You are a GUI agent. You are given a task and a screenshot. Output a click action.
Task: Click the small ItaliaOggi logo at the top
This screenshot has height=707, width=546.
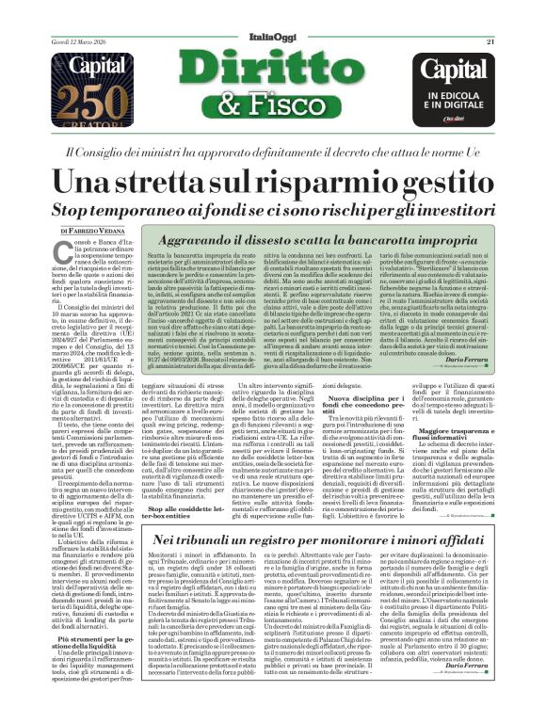[271, 10]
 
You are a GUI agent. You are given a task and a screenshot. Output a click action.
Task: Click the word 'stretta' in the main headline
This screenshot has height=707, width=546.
[199, 184]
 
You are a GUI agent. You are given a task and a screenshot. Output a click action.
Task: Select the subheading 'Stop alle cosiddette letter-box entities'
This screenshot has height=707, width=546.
[195, 513]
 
